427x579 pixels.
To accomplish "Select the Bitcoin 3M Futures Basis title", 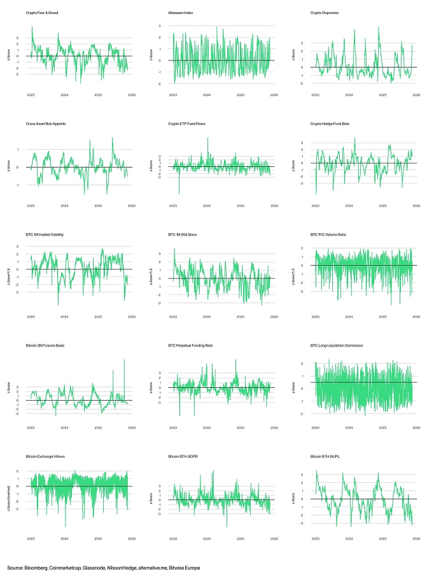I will (45, 345).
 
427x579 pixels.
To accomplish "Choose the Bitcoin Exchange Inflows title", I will (45, 457).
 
